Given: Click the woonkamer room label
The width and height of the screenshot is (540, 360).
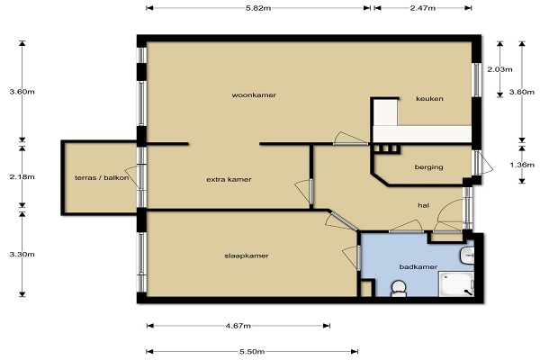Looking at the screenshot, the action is pos(254,95).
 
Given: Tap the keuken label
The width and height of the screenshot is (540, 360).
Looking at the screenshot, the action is pos(429,98).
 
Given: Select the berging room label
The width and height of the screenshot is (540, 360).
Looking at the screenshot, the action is pos(428,167).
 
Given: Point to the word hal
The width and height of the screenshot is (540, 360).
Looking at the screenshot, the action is pos(423,205).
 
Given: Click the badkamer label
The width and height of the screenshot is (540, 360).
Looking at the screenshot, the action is pos(418,266).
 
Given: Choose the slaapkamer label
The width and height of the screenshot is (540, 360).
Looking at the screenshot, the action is pos(247,256).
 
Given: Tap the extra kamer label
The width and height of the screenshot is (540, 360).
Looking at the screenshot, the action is pos(229,179).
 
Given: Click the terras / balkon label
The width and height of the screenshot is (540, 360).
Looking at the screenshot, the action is pos(102,178).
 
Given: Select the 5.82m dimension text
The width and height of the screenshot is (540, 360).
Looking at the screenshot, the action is pos(258,8).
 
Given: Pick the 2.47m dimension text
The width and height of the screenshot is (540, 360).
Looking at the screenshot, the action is pos(423,8).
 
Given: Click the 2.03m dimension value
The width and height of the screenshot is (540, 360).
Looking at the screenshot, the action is pos(499,69).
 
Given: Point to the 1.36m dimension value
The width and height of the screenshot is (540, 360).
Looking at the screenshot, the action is pos(522,165).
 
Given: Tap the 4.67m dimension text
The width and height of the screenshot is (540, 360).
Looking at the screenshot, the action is pos(238,326).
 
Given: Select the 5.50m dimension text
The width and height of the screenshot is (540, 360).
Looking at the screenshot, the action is pos(252,351).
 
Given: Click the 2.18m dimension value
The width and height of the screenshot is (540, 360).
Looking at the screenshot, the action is pos(22,176).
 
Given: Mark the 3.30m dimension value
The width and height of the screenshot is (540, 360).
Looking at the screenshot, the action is pos(22,254).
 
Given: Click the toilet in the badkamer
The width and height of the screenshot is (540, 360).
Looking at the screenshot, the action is pos(399,289).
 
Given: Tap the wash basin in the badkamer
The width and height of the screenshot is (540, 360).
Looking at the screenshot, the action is pos(467,256).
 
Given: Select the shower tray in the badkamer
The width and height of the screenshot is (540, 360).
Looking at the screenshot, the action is pos(456,284).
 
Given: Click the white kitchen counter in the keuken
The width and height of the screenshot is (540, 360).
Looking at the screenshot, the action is pos(422,134).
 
